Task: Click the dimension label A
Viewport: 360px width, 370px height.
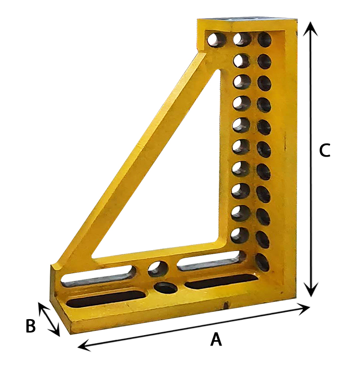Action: [216, 339]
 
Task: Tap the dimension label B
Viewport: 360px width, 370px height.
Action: [31, 326]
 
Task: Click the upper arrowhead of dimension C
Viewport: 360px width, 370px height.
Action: [311, 28]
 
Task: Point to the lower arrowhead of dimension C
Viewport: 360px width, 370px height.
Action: [312, 289]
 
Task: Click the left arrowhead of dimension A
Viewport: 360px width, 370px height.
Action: [85, 346]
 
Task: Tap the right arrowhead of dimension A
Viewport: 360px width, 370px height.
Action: [303, 309]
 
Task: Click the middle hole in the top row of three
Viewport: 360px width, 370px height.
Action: [242, 39]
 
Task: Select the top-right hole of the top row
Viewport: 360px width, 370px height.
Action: [264, 40]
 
